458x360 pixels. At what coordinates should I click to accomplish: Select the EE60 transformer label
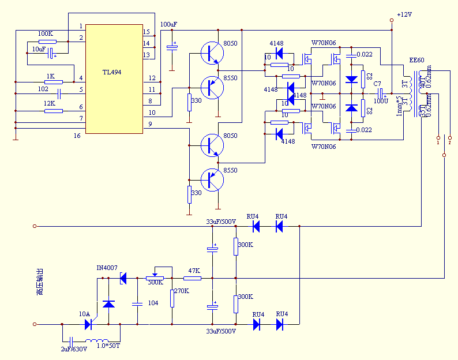tap(416, 60)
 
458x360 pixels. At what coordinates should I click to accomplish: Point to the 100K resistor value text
tap(46, 34)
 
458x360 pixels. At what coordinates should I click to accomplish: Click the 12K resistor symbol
tap(53, 111)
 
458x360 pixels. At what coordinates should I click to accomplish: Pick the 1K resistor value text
tap(50, 76)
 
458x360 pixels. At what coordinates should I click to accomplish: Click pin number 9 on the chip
tap(150, 124)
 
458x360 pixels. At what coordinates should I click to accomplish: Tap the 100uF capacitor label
tap(168, 24)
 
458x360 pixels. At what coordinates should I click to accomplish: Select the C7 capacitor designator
tap(377, 84)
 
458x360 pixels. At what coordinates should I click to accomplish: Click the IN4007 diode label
tap(107, 268)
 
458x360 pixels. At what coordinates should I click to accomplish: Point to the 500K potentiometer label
tap(155, 282)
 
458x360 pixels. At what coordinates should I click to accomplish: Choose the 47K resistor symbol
tap(192, 278)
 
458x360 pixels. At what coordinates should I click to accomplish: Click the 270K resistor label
tap(182, 291)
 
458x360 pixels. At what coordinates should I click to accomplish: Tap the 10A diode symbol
tap(88, 324)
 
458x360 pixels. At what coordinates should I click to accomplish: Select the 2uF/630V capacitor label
tap(74, 349)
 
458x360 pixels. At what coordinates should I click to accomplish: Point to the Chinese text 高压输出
tap(39, 282)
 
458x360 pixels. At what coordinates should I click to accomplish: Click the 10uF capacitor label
tap(38, 49)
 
